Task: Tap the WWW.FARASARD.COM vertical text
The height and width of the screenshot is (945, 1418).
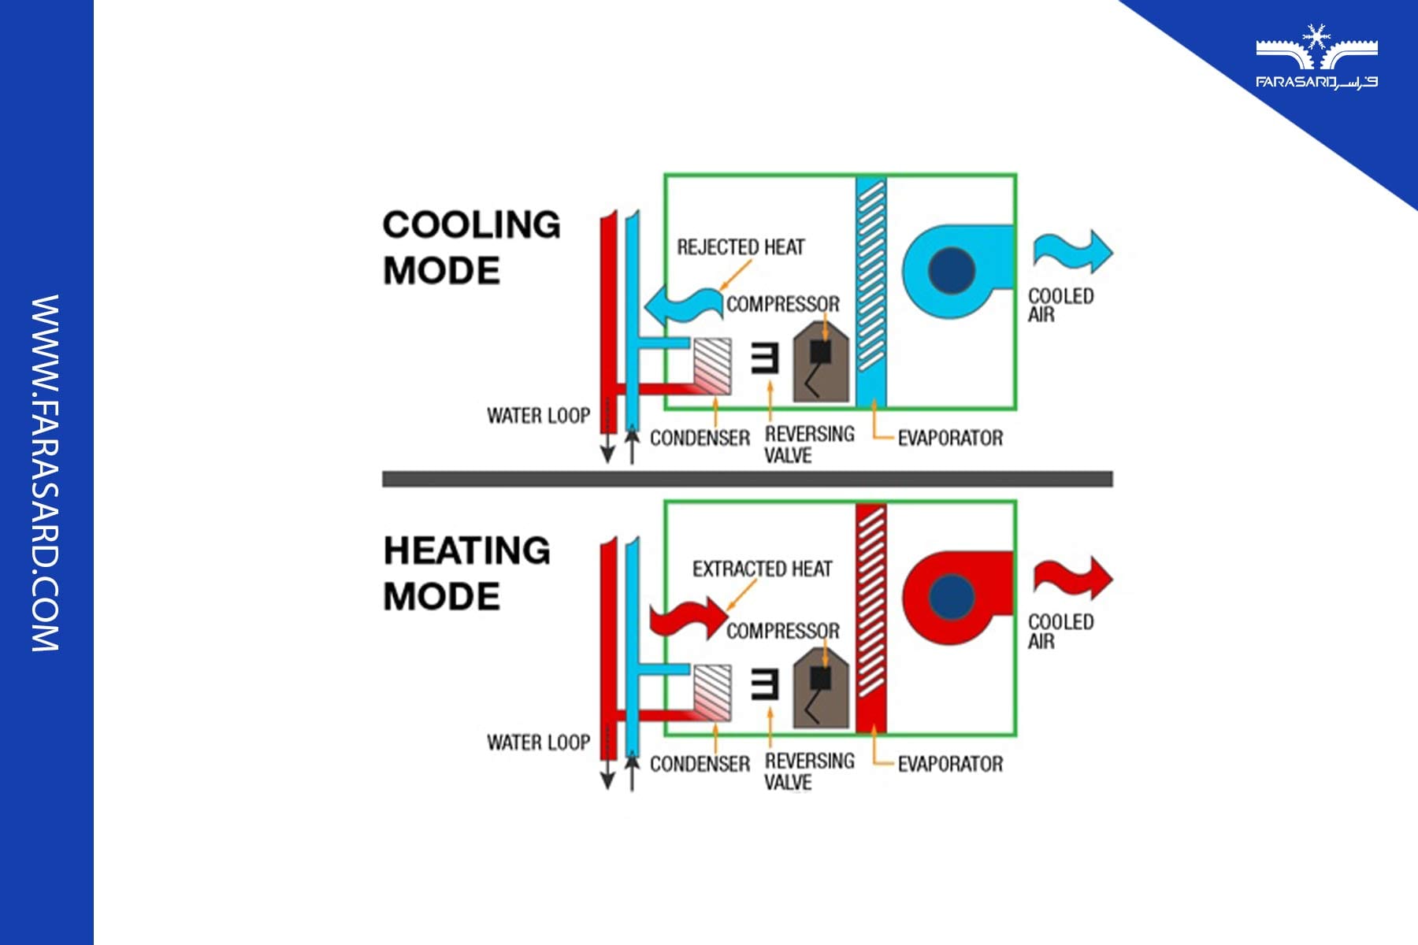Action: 45,472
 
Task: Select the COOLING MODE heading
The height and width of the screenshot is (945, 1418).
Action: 471,247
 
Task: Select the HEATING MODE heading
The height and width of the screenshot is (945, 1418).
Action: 466,573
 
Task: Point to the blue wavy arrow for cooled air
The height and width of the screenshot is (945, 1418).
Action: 1072,251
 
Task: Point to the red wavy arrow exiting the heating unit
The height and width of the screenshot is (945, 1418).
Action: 1072,577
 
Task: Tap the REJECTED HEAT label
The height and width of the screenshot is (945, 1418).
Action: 741,247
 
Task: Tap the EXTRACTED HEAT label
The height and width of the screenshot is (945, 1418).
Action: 762,569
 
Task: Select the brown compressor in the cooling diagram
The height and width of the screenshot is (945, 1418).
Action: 820,363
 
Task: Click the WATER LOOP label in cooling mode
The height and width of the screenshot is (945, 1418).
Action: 538,415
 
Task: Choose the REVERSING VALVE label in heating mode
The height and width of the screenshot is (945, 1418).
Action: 808,771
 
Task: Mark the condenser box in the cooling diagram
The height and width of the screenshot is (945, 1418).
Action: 711,366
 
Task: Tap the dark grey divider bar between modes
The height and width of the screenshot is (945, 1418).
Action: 747,479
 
